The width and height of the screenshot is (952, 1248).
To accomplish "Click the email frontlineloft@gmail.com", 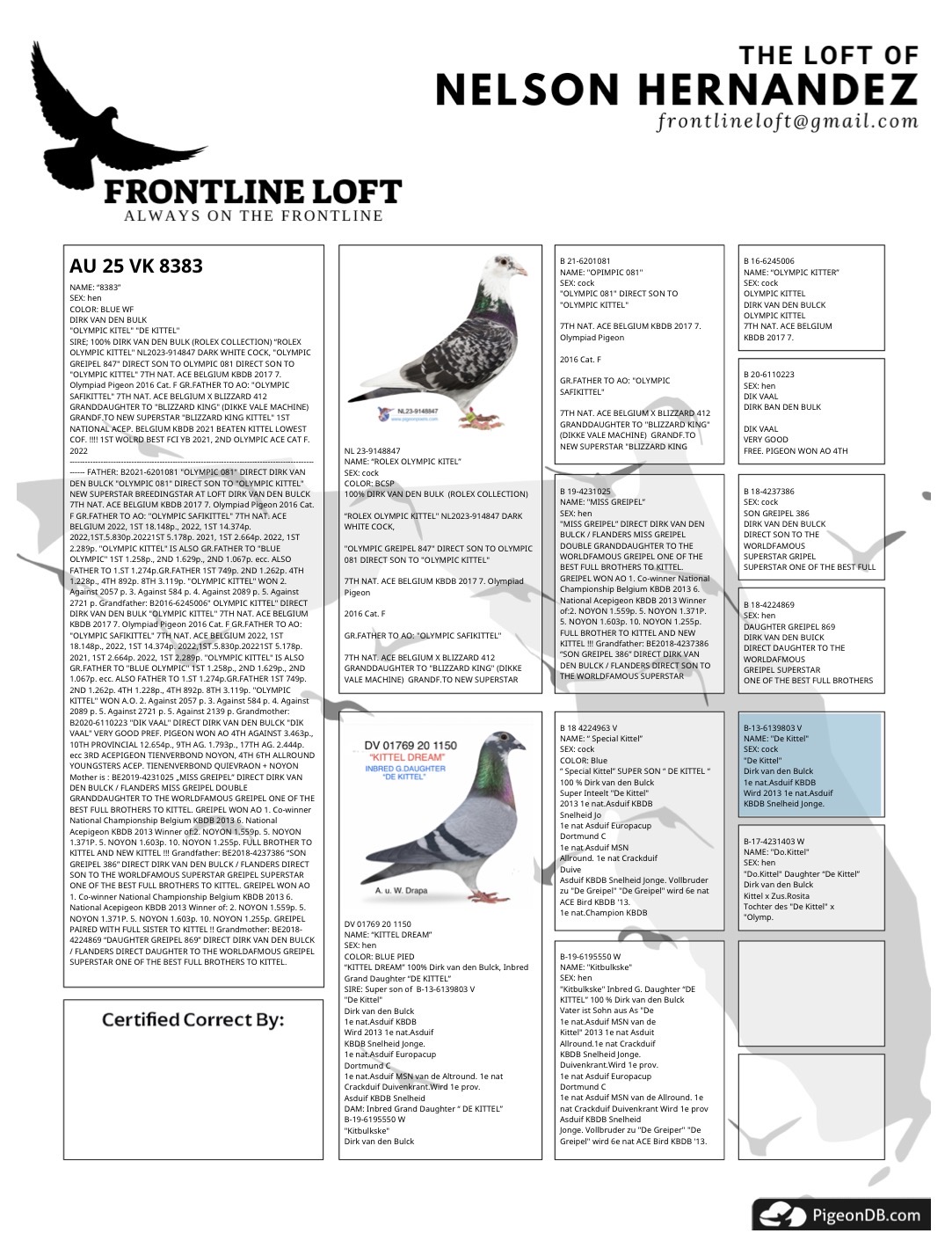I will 787,121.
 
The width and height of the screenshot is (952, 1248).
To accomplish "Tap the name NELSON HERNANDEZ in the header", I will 676,89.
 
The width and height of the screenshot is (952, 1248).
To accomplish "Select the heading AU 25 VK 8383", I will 136,266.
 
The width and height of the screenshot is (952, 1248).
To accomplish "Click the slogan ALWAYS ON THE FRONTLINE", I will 253,215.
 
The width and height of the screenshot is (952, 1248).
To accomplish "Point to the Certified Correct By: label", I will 193,1019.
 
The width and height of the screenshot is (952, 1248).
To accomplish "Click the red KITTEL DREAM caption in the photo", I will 411,757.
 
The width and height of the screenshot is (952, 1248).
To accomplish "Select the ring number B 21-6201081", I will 585,261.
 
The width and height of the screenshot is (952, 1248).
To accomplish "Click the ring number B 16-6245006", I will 768,261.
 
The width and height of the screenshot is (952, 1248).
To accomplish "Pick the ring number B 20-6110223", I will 768,375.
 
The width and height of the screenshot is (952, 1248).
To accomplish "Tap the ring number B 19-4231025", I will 585,492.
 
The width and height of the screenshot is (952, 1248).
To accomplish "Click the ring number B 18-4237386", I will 768,492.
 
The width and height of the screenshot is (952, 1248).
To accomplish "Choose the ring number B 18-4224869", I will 768,605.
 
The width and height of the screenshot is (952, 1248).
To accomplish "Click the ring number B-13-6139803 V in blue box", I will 773,728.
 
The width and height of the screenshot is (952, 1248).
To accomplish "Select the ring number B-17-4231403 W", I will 774,842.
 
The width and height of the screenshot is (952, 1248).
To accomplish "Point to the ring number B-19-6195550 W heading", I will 590,956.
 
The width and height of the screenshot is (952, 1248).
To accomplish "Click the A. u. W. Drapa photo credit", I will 402,891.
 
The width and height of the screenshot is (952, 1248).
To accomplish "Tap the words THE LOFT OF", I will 828,56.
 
